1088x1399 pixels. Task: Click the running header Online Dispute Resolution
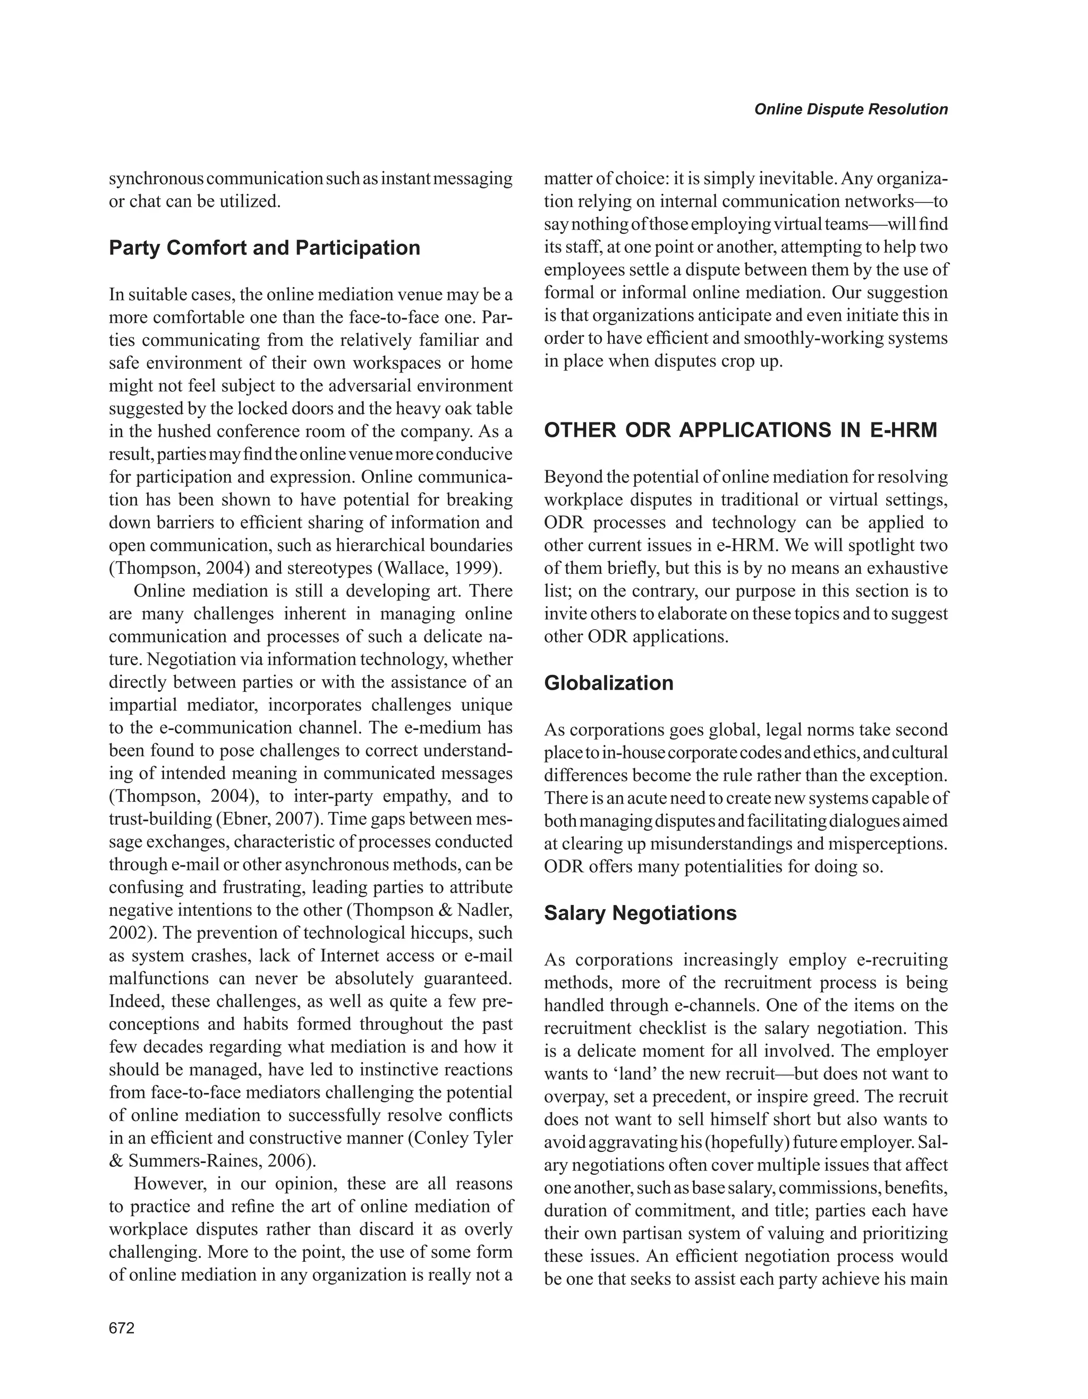pos(851,109)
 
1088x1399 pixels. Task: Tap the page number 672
pos(122,1328)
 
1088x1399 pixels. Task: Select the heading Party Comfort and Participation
pos(265,248)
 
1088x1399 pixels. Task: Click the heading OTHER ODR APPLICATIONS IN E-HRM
pos(740,430)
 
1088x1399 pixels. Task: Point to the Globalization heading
pos(608,683)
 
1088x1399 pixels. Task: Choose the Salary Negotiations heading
pos(640,913)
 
